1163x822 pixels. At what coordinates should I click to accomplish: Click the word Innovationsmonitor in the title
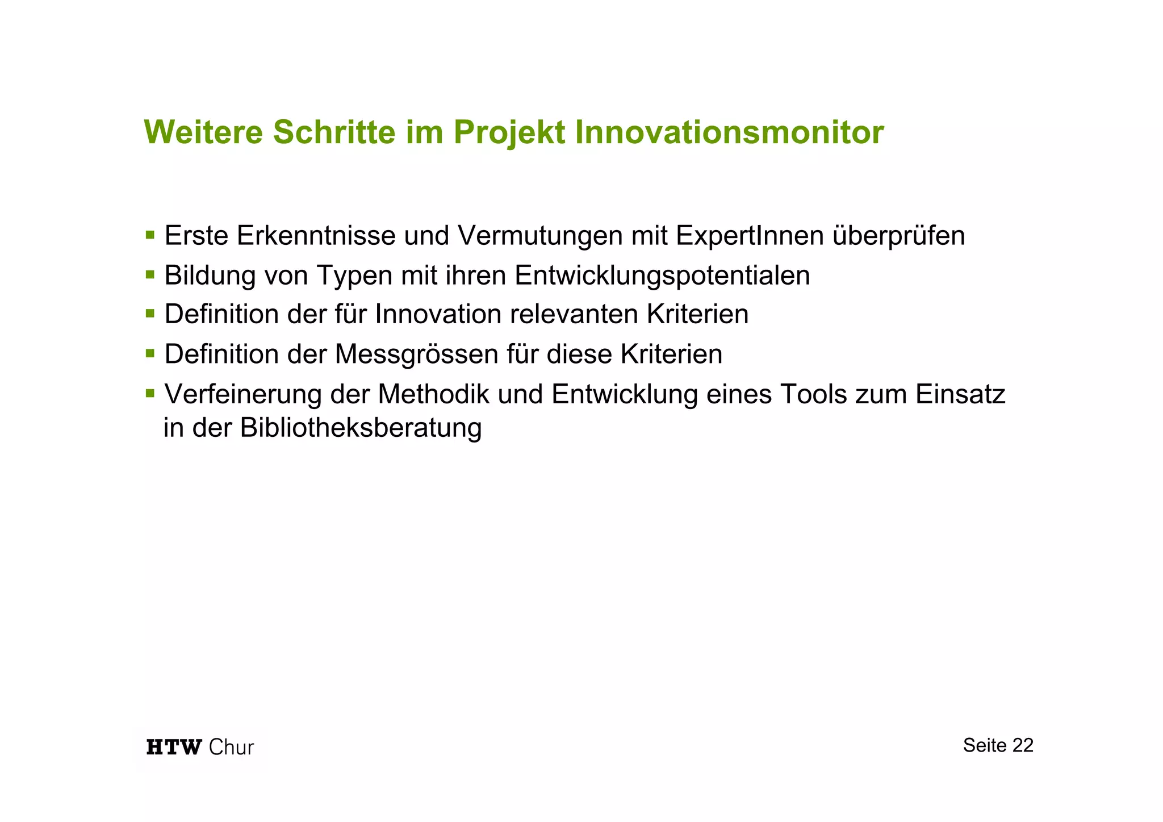[x=729, y=132]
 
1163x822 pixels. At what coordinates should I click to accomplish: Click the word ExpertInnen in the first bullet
[x=750, y=236]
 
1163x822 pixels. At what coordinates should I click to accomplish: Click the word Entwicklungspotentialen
[x=662, y=276]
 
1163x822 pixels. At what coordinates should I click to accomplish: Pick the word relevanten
[x=574, y=314]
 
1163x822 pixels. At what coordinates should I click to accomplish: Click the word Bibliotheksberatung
[x=361, y=428]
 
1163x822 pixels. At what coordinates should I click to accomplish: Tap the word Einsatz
[x=960, y=394]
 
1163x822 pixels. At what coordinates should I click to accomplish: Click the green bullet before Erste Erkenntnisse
[x=150, y=235]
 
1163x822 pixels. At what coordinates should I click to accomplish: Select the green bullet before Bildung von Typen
[x=150, y=274]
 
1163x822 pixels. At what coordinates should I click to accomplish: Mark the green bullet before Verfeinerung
[x=150, y=393]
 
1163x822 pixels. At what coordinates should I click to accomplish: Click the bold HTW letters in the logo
[x=174, y=747]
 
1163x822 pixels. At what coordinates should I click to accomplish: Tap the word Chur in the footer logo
[x=231, y=747]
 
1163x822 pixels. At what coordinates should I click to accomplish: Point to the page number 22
[x=1022, y=745]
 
